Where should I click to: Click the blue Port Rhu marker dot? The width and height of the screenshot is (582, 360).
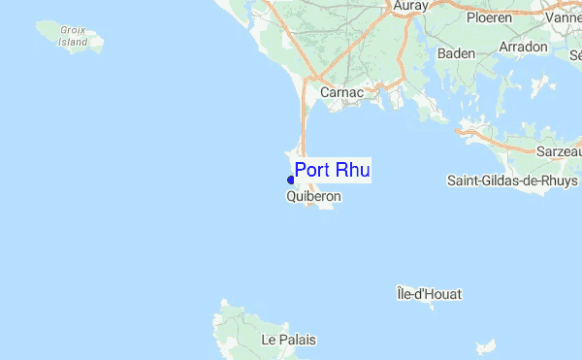click(x=291, y=180)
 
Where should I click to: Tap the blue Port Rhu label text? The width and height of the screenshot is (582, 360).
click(x=333, y=170)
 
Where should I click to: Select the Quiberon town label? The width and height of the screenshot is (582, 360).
click(x=313, y=196)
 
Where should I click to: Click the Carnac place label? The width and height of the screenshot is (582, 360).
click(x=340, y=93)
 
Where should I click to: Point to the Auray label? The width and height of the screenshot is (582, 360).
click(x=411, y=6)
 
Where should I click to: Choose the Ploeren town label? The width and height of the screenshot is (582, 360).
click(x=489, y=18)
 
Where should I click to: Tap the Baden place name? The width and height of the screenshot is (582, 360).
click(x=456, y=53)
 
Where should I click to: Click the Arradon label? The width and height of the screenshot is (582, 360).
click(x=525, y=47)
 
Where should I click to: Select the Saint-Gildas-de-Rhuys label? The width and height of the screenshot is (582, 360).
click(x=512, y=180)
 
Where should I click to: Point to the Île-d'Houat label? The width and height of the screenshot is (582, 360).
click(x=430, y=293)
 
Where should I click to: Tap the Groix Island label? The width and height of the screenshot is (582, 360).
click(x=73, y=36)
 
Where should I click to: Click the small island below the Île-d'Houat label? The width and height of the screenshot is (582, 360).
click(x=485, y=346)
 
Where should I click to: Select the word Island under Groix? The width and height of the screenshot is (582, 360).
click(x=74, y=42)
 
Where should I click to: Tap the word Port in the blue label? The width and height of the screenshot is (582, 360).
click(x=313, y=170)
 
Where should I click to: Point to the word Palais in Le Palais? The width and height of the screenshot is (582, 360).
click(x=300, y=341)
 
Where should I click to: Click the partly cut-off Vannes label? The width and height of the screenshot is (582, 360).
click(x=564, y=18)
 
